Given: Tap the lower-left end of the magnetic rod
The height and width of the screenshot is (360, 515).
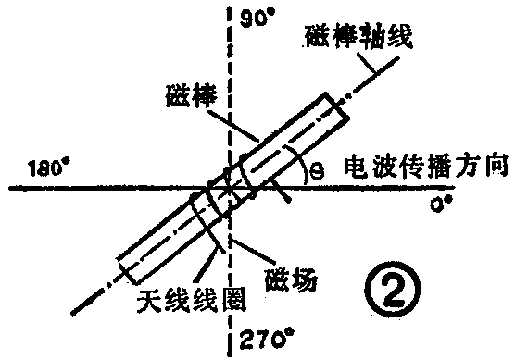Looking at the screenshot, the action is (129, 270).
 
